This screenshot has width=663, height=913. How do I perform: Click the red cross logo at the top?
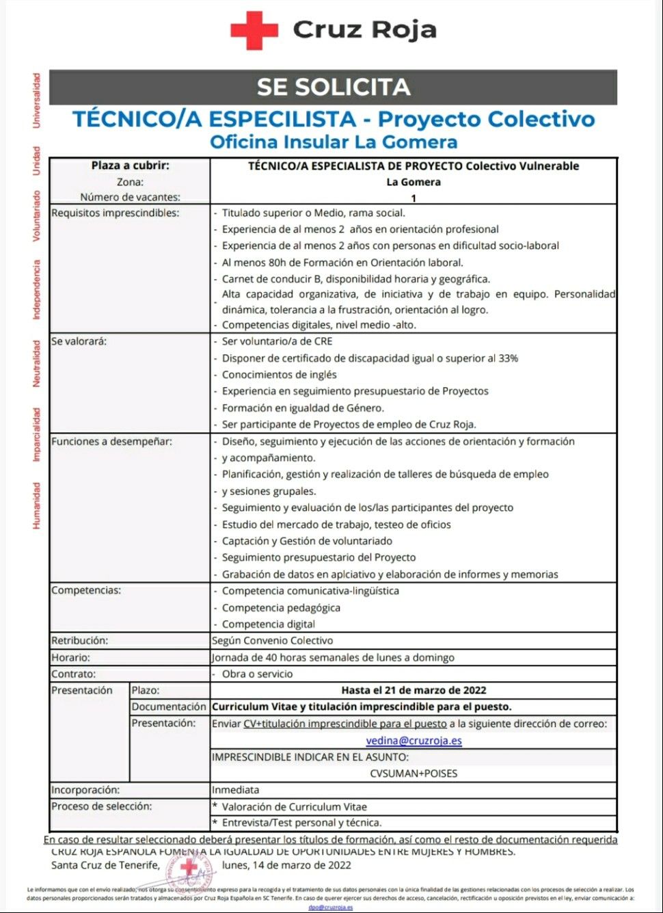(x=254, y=30)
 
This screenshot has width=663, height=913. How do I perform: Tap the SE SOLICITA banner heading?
(x=334, y=87)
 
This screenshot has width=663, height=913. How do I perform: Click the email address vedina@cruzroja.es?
(x=414, y=741)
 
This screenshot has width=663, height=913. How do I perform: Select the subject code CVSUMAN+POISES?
(x=414, y=773)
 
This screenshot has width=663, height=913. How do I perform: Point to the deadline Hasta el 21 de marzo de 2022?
(x=414, y=690)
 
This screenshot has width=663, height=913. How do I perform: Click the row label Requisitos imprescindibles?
(x=115, y=213)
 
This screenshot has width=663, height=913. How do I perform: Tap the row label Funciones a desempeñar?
(x=111, y=441)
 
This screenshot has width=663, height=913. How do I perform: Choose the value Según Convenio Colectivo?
(x=273, y=641)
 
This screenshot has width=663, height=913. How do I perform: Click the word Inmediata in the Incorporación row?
(x=235, y=790)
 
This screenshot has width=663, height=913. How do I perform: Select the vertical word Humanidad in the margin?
(x=36, y=505)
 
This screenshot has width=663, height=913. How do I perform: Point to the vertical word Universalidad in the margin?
(x=36, y=100)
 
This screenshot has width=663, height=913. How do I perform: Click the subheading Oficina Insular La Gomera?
(x=334, y=142)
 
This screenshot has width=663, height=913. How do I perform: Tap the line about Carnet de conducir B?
(x=355, y=279)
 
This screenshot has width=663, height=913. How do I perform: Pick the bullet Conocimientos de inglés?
(x=279, y=375)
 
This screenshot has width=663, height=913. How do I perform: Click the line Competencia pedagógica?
(x=281, y=607)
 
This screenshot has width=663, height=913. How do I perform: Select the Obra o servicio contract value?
(x=257, y=674)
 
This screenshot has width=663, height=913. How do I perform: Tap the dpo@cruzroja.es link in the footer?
(x=330, y=907)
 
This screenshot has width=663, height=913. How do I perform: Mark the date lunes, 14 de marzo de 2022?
(x=286, y=865)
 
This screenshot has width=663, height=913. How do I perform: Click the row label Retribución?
(x=79, y=641)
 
